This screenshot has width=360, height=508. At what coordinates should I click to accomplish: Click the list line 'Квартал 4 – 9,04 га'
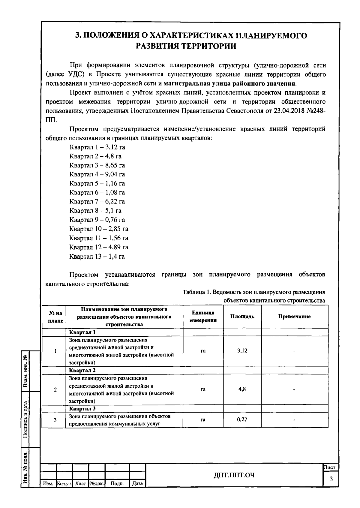coord(97,174)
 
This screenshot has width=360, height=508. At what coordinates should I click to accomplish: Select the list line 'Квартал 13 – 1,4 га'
coord(97,257)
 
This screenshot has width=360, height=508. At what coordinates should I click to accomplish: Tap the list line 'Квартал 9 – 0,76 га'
coord(97,220)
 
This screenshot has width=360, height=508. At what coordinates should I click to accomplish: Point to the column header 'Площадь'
coord(242,317)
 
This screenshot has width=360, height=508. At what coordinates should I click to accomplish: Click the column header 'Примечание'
coord(294,317)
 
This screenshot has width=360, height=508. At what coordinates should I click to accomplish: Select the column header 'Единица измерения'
coord(203,317)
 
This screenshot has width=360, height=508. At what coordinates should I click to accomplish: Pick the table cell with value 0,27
coord(242,419)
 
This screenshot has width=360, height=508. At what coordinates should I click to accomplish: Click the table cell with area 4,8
coord(242,389)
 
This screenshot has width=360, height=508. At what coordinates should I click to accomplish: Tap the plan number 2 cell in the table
coord(55,390)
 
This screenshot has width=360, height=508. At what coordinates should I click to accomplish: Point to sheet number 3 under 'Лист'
coord(331,479)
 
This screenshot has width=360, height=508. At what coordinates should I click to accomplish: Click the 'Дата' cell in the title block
coord(137,484)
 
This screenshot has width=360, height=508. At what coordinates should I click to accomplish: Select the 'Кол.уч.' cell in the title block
coord(64,484)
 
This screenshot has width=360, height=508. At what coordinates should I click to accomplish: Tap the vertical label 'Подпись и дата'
coord(26,419)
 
